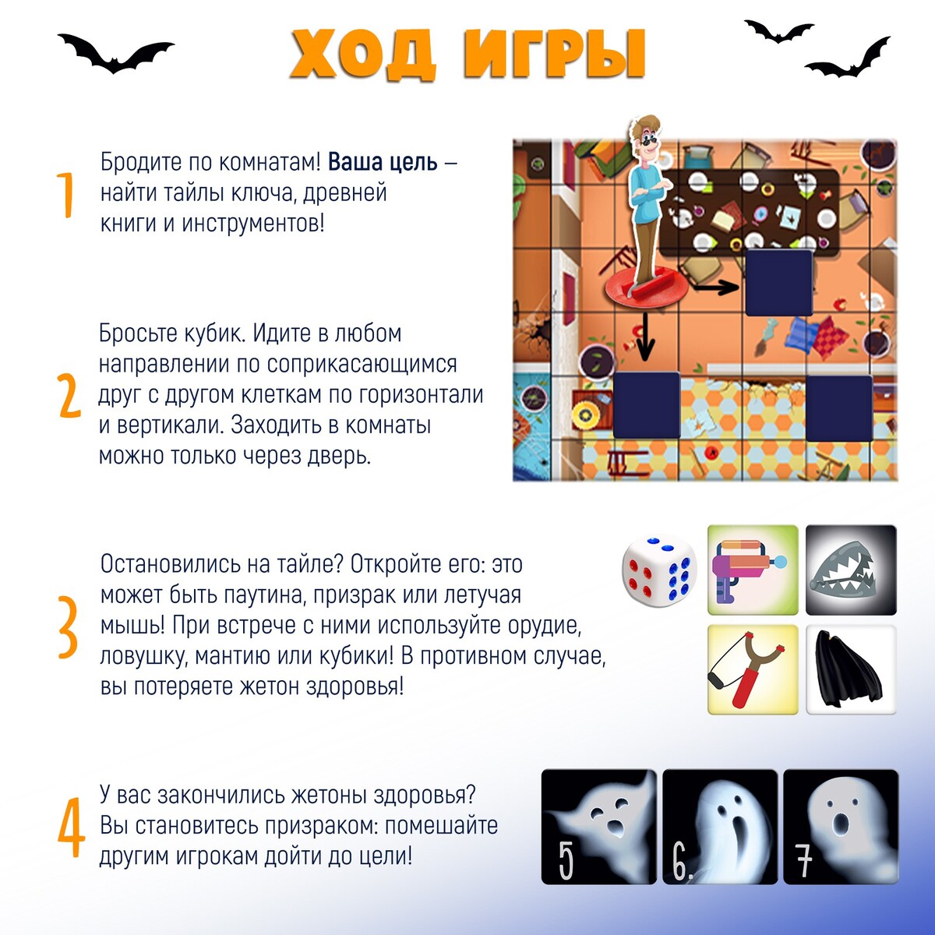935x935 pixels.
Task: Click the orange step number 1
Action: tap(65, 195)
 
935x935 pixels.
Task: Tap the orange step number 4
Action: tap(71, 827)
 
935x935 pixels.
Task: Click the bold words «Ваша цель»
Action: tap(383, 163)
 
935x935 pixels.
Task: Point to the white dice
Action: tap(659, 572)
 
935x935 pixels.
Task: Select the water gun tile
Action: tap(753, 570)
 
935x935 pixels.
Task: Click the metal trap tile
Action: tap(851, 570)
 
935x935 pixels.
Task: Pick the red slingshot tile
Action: tap(753, 669)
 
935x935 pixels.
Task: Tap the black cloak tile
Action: tap(851, 669)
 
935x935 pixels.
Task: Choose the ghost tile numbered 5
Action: tap(598, 827)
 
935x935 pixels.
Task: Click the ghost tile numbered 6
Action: tap(720, 827)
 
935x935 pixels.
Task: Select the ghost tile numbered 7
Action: tap(841, 827)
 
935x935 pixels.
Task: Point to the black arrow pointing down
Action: tap(645, 337)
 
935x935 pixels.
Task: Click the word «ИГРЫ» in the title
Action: tap(555, 55)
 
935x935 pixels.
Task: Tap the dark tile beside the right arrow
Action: tap(778, 283)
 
